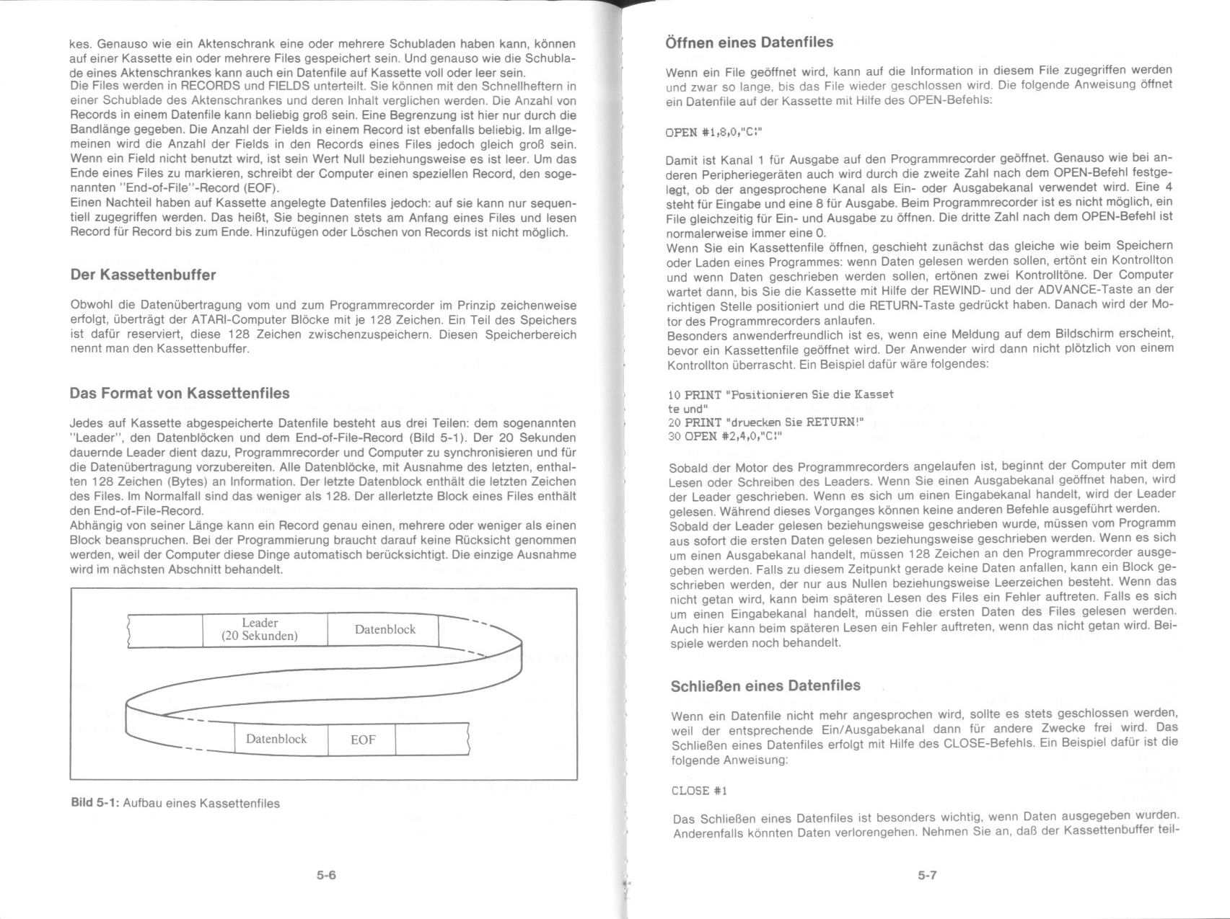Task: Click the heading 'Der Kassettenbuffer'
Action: click(x=143, y=275)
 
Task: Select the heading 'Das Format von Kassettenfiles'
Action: click(x=180, y=393)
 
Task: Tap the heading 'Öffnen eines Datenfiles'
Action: click(x=749, y=43)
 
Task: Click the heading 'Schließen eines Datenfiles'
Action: click(x=765, y=685)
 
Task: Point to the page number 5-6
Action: click(x=326, y=876)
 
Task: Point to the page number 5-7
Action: click(x=927, y=875)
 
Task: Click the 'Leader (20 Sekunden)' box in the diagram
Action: click(x=260, y=629)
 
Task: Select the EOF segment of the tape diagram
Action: click(x=362, y=740)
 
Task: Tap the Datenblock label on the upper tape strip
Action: click(x=385, y=629)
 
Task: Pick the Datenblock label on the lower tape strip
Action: click(x=276, y=739)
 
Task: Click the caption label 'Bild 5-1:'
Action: click(x=95, y=802)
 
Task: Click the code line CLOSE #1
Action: click(x=699, y=791)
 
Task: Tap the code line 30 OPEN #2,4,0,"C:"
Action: click(x=725, y=436)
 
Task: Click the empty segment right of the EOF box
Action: click(x=431, y=740)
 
